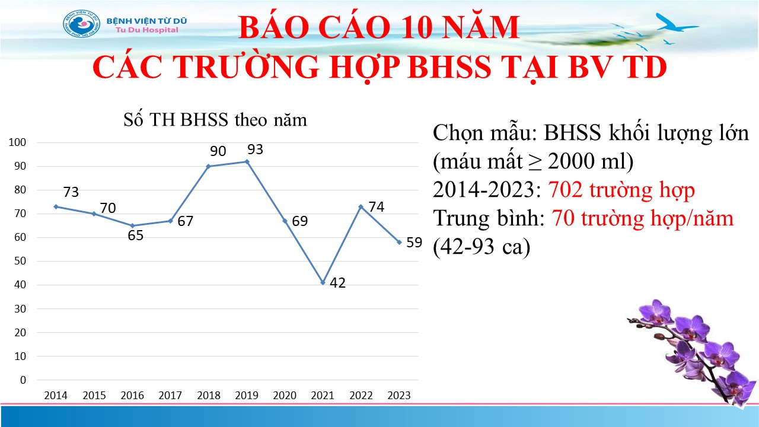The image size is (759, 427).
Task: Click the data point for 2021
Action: pos(323,283)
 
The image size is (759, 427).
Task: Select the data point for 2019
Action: pos(247,162)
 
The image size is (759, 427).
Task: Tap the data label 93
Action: pos(255,149)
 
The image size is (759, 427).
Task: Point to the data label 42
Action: pos(337,283)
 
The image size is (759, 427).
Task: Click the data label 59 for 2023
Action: pos(414,243)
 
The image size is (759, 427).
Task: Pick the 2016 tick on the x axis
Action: pos(132,396)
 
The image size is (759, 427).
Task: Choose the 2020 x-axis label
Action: pos(285,396)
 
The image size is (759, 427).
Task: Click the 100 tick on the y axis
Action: pos(17,142)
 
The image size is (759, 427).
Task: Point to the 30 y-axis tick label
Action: pos(20,309)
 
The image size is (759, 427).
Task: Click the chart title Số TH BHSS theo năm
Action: pos(215,120)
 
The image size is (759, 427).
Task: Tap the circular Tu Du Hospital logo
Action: pos(82,24)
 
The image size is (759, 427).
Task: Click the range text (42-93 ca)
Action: pos(481,246)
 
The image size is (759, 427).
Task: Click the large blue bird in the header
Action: pos(677,23)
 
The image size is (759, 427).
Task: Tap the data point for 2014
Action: pos(56,207)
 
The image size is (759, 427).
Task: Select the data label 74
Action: pos(376,207)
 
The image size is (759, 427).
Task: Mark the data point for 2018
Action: pos(209,167)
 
